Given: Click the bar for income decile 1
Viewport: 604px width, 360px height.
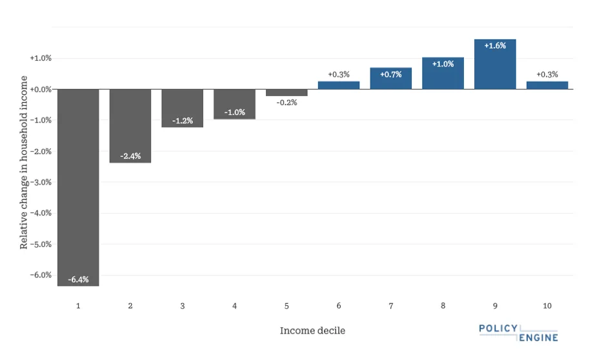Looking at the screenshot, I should pos(78,187).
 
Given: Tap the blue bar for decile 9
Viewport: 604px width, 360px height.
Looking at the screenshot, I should pos(495,65).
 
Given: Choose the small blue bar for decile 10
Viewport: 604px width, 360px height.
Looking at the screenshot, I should pos(547,85).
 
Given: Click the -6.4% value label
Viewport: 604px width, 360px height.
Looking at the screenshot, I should pos(78,279).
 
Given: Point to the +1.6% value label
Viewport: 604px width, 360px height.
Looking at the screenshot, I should pos(495,46).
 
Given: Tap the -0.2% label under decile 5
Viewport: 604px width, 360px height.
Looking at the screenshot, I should pos(287,103).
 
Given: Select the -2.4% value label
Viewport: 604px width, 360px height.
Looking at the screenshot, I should pos(130,156).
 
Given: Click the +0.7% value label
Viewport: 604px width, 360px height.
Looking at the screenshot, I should pos(390,74).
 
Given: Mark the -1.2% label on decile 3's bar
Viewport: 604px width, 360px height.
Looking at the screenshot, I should pos(183,121).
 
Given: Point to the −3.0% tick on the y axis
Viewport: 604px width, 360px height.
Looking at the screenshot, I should pos(40,183).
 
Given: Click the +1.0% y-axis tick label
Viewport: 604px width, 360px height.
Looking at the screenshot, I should pos(41,59).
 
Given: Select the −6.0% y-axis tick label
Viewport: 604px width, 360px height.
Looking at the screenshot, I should pos(40,275).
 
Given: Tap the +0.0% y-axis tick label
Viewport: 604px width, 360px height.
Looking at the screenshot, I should pos(41,90).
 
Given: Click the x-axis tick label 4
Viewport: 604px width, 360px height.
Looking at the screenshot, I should pos(235,305).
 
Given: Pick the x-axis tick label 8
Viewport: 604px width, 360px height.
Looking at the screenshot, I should pos(443,305).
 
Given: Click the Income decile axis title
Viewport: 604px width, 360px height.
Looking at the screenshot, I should pos(312,331).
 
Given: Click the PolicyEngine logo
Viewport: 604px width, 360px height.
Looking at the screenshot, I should pos(518,333).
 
